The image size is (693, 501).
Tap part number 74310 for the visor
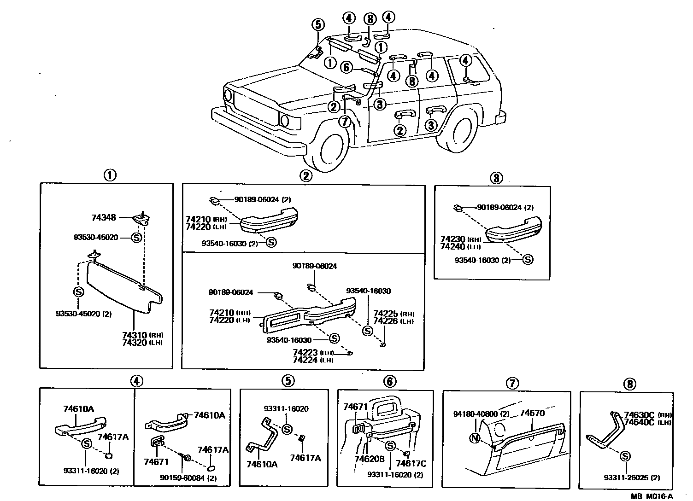click(134, 335)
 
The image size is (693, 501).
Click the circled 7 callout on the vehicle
click(345, 122)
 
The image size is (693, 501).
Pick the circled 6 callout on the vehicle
click(347, 68)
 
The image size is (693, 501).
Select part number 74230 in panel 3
click(452, 239)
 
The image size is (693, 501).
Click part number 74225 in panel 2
click(385, 314)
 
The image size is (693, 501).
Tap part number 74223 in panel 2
click(305, 352)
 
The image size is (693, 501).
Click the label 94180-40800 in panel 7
click(474, 414)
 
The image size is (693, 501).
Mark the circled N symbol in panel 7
click(475, 438)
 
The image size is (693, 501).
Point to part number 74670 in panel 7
click(532, 414)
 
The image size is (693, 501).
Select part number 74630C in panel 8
click(639, 414)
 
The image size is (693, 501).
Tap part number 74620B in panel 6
click(370, 459)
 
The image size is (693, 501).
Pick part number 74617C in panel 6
click(411, 464)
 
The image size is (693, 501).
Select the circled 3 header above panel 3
click(496, 178)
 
